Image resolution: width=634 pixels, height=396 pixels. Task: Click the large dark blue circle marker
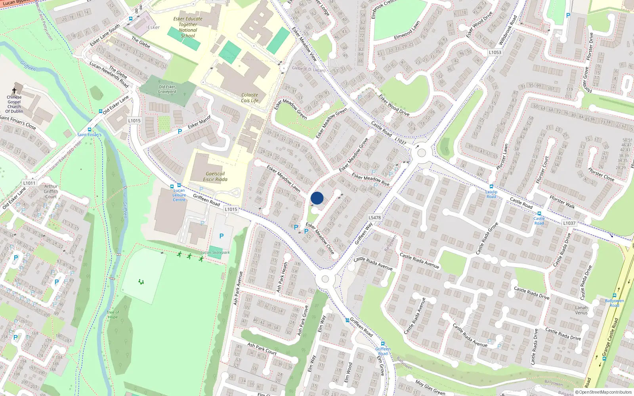pyautogui.click(x=317, y=198)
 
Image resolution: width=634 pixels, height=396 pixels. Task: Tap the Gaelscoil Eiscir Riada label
pyautogui.click(x=215, y=177)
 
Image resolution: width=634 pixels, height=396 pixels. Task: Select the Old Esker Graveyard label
pyautogui.click(x=167, y=89)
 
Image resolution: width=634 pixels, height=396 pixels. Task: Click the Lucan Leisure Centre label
pyautogui.click(x=179, y=195)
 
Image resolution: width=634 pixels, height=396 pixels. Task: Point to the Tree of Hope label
pyautogui.click(x=113, y=314)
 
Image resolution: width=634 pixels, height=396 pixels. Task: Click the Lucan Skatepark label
pyautogui.click(x=215, y=252)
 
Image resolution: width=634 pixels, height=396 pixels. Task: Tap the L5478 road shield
pyautogui.click(x=374, y=217)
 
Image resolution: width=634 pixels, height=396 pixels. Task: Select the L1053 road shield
pyautogui.click(x=495, y=52)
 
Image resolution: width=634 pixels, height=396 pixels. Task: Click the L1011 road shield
pyautogui.click(x=29, y=183)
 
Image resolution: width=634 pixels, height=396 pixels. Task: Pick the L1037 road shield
pyautogui.click(x=569, y=223)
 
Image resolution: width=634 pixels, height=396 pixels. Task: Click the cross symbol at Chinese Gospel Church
pyautogui.click(x=14, y=90)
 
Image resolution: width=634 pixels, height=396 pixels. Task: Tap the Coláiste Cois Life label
pyautogui.click(x=250, y=98)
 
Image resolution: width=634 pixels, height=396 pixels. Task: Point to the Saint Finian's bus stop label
pyautogui.click(x=89, y=135)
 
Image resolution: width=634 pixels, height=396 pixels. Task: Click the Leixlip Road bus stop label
pyautogui.click(x=491, y=194)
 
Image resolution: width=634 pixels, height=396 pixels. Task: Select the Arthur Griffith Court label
pyautogui.click(x=51, y=191)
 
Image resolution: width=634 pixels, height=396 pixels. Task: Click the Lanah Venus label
pyautogui.click(x=581, y=310)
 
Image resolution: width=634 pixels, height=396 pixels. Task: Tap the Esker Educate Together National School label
pyautogui.click(x=188, y=27)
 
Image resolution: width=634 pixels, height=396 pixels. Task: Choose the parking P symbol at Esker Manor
pyautogui.click(x=180, y=131)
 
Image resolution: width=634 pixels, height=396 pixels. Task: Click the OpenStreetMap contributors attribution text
pyautogui.click(x=605, y=392)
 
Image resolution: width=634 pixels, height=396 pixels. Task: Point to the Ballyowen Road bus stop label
pyautogui.click(x=614, y=303)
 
